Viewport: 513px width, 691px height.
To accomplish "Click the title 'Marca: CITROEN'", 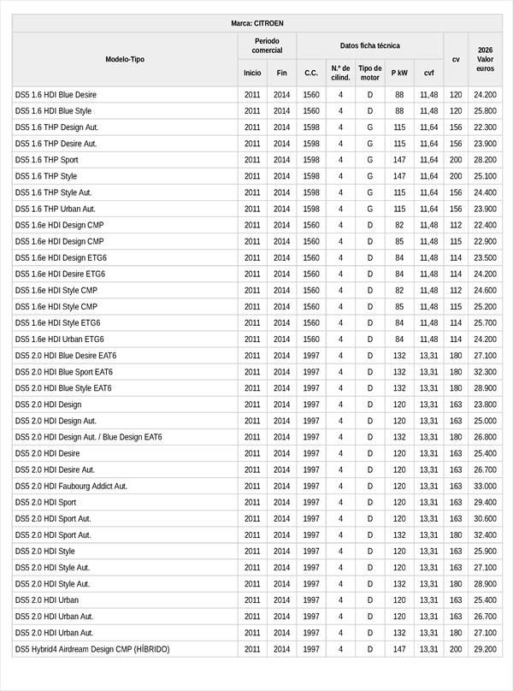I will click(x=257, y=23).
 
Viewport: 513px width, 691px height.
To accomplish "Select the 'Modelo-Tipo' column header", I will click(x=125, y=59).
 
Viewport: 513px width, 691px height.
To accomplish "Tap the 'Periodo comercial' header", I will click(x=267, y=46).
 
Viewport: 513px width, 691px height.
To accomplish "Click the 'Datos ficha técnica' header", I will click(x=369, y=46).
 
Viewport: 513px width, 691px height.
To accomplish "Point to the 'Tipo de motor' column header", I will click(x=370, y=73).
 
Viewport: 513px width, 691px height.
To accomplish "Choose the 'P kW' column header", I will click(x=399, y=74).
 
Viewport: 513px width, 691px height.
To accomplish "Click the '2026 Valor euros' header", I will click(x=486, y=59).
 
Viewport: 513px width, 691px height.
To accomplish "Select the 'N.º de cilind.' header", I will click(x=340, y=73).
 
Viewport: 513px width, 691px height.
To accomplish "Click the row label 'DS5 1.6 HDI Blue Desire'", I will click(x=56, y=95).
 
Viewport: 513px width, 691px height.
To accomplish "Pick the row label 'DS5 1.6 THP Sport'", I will click(x=47, y=160).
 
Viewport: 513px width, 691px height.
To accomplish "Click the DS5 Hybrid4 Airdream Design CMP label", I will click(x=92, y=649).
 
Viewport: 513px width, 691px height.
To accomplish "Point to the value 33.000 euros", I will click(x=486, y=486).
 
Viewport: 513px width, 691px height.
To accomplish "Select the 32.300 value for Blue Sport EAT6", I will click(x=486, y=372).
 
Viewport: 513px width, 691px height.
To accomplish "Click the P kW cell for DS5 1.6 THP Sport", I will click(x=399, y=160).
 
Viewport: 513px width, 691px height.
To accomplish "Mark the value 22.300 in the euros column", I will click(x=486, y=127).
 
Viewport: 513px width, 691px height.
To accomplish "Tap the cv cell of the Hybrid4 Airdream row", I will click(x=456, y=649).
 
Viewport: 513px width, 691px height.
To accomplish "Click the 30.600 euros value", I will click(x=486, y=518).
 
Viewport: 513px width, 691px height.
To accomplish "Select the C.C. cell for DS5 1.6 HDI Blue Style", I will click(x=311, y=111).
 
